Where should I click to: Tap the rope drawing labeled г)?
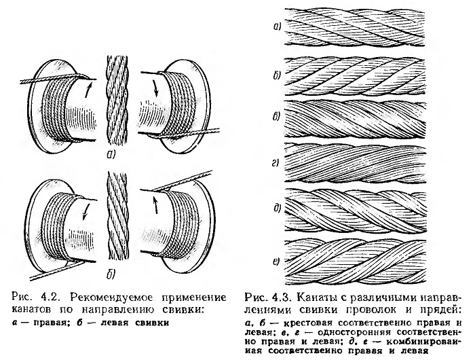click(x=377, y=162)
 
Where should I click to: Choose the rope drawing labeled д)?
click(x=377, y=207)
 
